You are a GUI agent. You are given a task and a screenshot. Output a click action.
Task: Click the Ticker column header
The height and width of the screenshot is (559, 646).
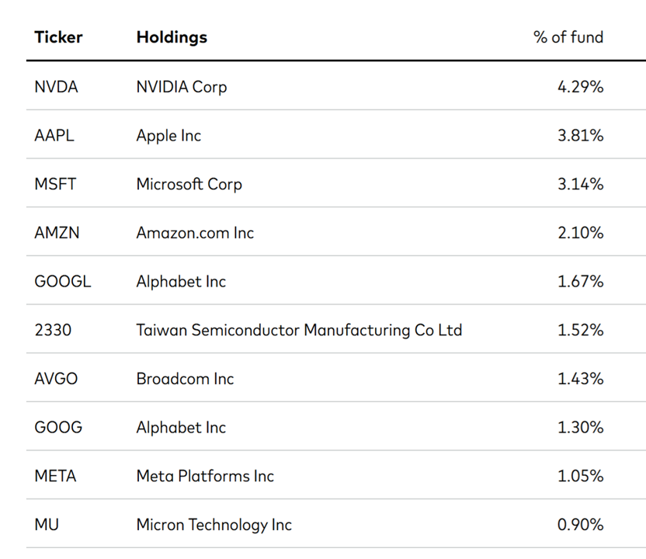click(x=58, y=37)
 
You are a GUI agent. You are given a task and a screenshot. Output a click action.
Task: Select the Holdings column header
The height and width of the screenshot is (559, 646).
click(x=172, y=38)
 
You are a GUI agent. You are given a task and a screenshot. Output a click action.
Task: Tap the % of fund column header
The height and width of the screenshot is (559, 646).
click(x=568, y=37)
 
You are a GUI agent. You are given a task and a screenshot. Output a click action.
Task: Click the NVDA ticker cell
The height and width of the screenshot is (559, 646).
click(x=56, y=87)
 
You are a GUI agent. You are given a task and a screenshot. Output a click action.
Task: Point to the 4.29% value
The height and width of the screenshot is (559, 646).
click(x=581, y=87)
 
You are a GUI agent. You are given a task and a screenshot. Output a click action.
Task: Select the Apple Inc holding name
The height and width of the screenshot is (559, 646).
click(x=168, y=136)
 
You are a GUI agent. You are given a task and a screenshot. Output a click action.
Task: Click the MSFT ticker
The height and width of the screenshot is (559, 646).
click(x=55, y=184)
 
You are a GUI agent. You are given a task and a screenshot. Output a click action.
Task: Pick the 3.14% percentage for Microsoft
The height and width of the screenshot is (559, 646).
click(x=581, y=184)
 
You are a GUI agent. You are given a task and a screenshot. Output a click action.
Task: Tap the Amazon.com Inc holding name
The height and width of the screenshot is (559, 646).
click(x=195, y=233)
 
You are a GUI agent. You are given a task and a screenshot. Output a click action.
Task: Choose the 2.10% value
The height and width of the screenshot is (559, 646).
click(x=581, y=233)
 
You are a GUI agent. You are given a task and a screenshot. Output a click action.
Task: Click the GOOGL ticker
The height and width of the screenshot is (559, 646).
click(x=63, y=281)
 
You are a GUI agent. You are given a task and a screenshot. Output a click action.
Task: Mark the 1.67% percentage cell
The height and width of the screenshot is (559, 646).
click(x=581, y=281)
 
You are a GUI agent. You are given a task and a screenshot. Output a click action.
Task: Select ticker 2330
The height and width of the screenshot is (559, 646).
click(x=53, y=330)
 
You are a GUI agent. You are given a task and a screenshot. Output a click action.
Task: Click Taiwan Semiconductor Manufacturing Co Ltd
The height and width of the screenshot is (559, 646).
click(x=299, y=331)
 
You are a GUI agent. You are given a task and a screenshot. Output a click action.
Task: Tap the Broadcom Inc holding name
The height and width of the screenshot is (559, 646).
click(x=185, y=379)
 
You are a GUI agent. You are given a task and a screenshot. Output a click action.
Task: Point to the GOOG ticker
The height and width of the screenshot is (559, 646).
click(x=58, y=427)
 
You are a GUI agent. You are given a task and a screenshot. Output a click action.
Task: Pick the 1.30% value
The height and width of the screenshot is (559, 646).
click(x=581, y=427)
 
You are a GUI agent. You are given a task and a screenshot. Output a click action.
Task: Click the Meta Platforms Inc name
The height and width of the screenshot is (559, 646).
click(x=205, y=476)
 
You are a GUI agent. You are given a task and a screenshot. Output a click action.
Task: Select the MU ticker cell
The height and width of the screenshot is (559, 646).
click(x=47, y=524)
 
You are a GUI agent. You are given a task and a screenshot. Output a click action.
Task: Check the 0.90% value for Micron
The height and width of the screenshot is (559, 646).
click(x=581, y=524)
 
